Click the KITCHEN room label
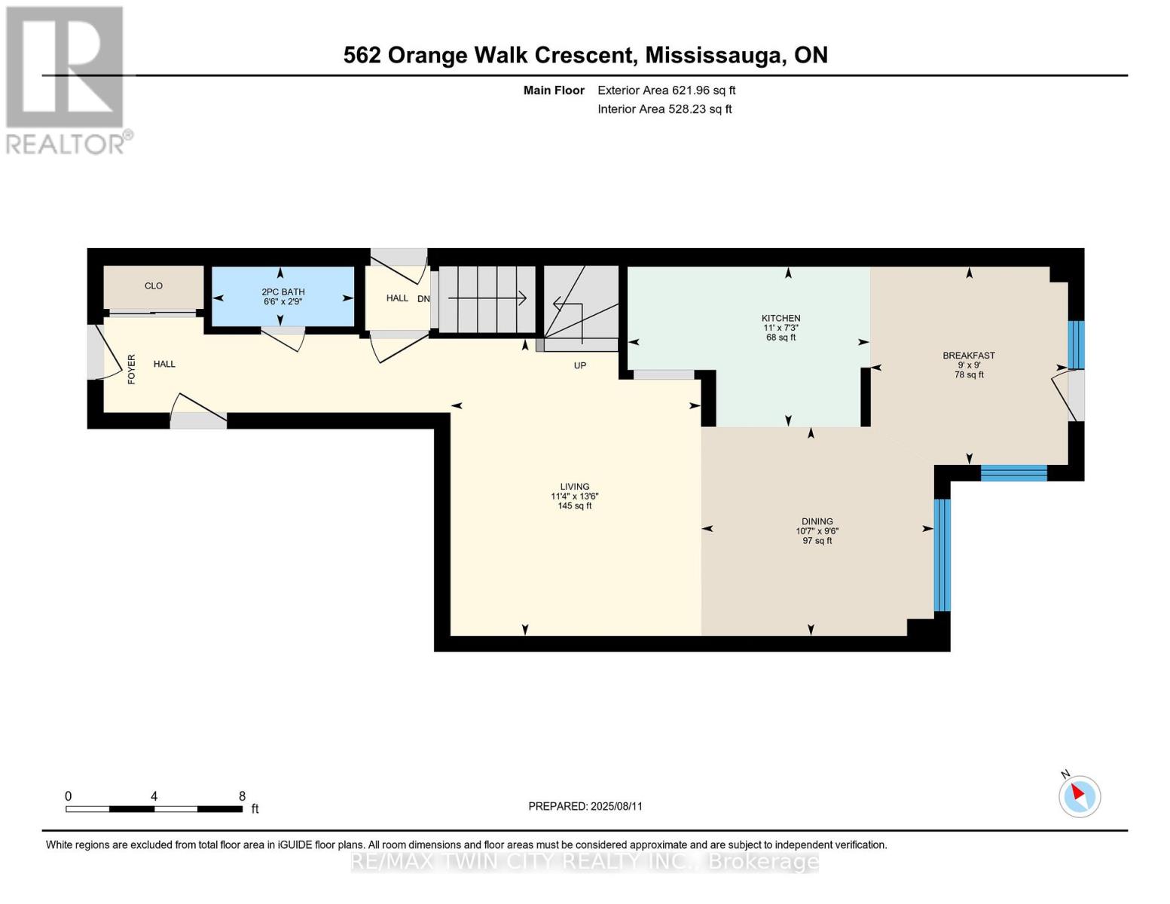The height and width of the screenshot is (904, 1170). click(x=781, y=318)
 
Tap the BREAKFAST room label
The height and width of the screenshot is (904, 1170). click(x=969, y=356)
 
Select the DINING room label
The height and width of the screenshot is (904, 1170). click(x=817, y=521)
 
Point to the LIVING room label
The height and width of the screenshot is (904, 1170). click(x=575, y=486)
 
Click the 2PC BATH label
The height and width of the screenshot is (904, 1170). click(x=283, y=292)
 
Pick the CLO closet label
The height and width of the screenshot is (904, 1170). click(x=154, y=286)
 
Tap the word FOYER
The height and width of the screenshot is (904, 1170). click(x=132, y=369)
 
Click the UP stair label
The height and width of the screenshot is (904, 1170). click(x=580, y=365)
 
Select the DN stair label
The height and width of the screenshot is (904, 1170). click(x=423, y=298)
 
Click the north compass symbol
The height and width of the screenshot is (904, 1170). click(x=1080, y=796)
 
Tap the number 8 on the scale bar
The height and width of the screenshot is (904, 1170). click(x=243, y=796)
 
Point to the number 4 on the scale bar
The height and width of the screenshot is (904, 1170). click(x=154, y=796)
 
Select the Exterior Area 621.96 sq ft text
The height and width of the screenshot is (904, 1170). click(x=667, y=90)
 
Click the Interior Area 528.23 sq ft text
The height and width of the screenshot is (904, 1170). click(x=665, y=109)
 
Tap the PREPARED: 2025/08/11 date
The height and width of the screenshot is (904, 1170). click(x=585, y=806)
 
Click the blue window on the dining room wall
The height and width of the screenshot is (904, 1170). click(x=942, y=555)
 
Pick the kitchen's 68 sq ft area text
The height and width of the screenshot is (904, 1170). click(x=781, y=337)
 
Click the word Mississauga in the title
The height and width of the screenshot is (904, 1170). click(x=714, y=56)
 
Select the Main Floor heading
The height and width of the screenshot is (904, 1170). click(x=554, y=90)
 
